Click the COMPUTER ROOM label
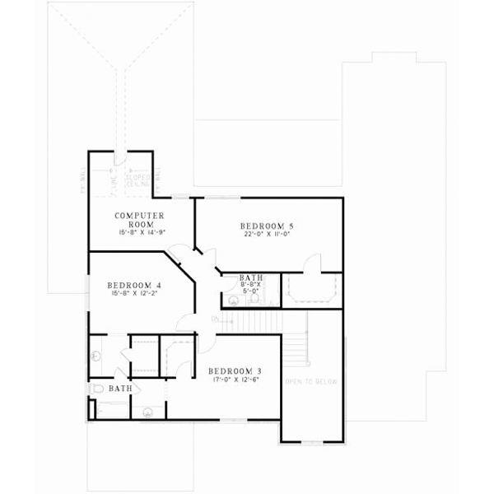pos(140,220)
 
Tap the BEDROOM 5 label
pos(267,226)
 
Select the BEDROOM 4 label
pos(134,285)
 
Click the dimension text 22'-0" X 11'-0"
pos(267,235)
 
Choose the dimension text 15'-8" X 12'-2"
pos(134,293)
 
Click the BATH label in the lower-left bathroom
pos(120,388)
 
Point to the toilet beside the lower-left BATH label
pos(96,388)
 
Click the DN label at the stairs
pos(215,319)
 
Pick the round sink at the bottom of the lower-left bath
pos(149,412)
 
